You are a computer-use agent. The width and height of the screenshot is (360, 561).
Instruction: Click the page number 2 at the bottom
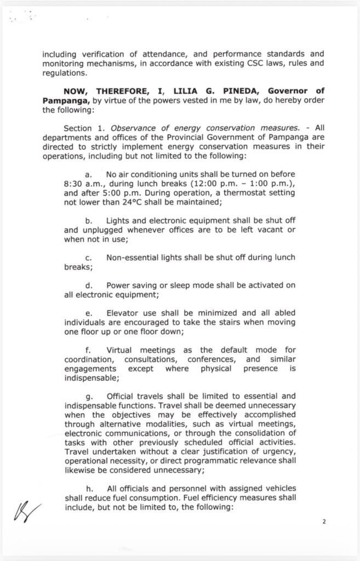coord(324,522)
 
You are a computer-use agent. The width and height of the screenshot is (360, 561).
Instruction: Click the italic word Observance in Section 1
coord(133,127)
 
